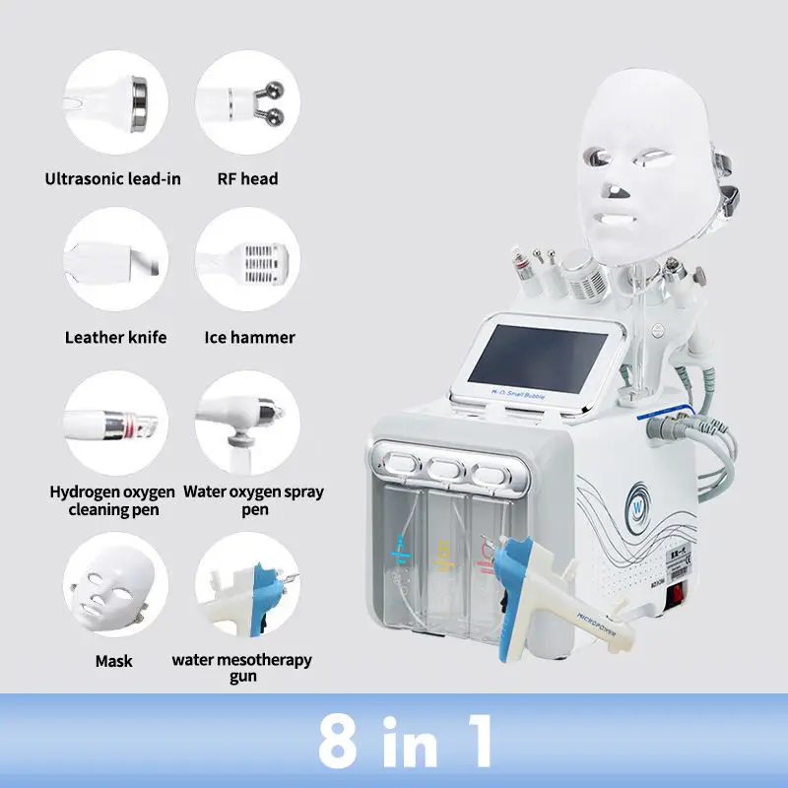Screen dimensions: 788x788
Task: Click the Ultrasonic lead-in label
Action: (x=113, y=178)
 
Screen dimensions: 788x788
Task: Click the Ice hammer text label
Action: (x=249, y=337)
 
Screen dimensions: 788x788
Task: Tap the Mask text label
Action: (x=113, y=661)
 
